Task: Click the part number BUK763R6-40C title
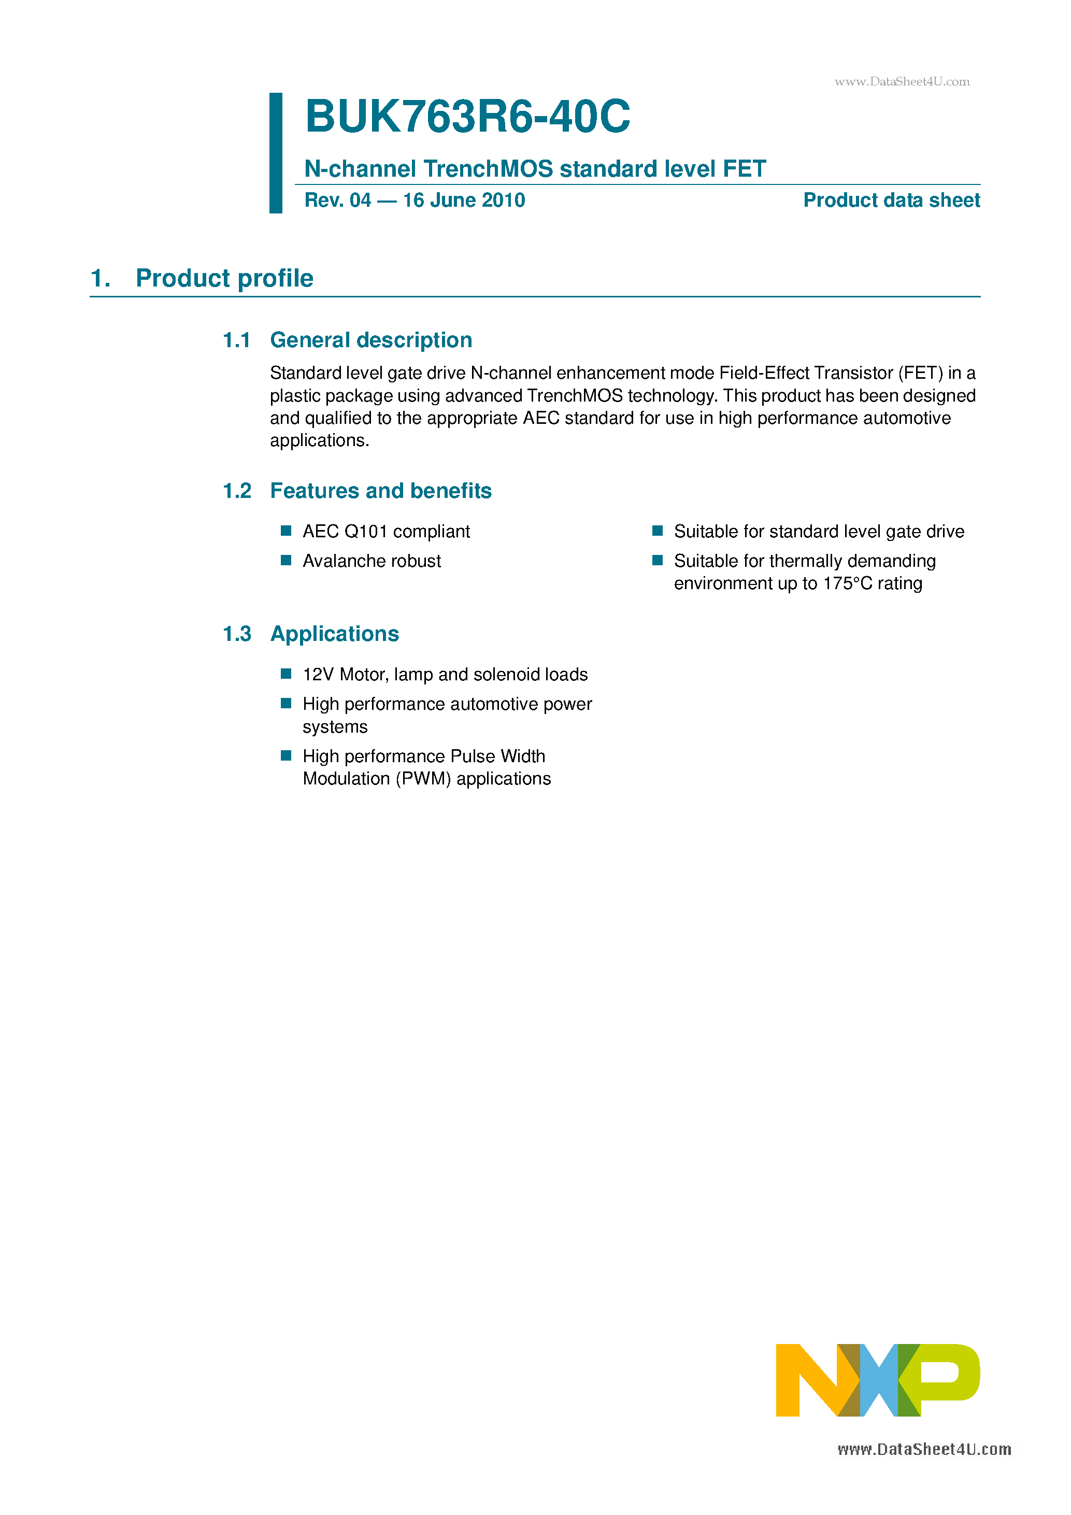(467, 117)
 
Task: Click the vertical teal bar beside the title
(276, 153)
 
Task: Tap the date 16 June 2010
(463, 201)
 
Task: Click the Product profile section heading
(224, 278)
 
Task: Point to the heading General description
(371, 340)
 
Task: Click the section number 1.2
(237, 491)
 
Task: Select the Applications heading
(335, 634)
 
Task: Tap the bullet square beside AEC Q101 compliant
(285, 531)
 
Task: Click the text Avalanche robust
(372, 561)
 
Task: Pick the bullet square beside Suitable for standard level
(657, 531)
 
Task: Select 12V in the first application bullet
(318, 675)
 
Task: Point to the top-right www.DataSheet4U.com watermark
(902, 82)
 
